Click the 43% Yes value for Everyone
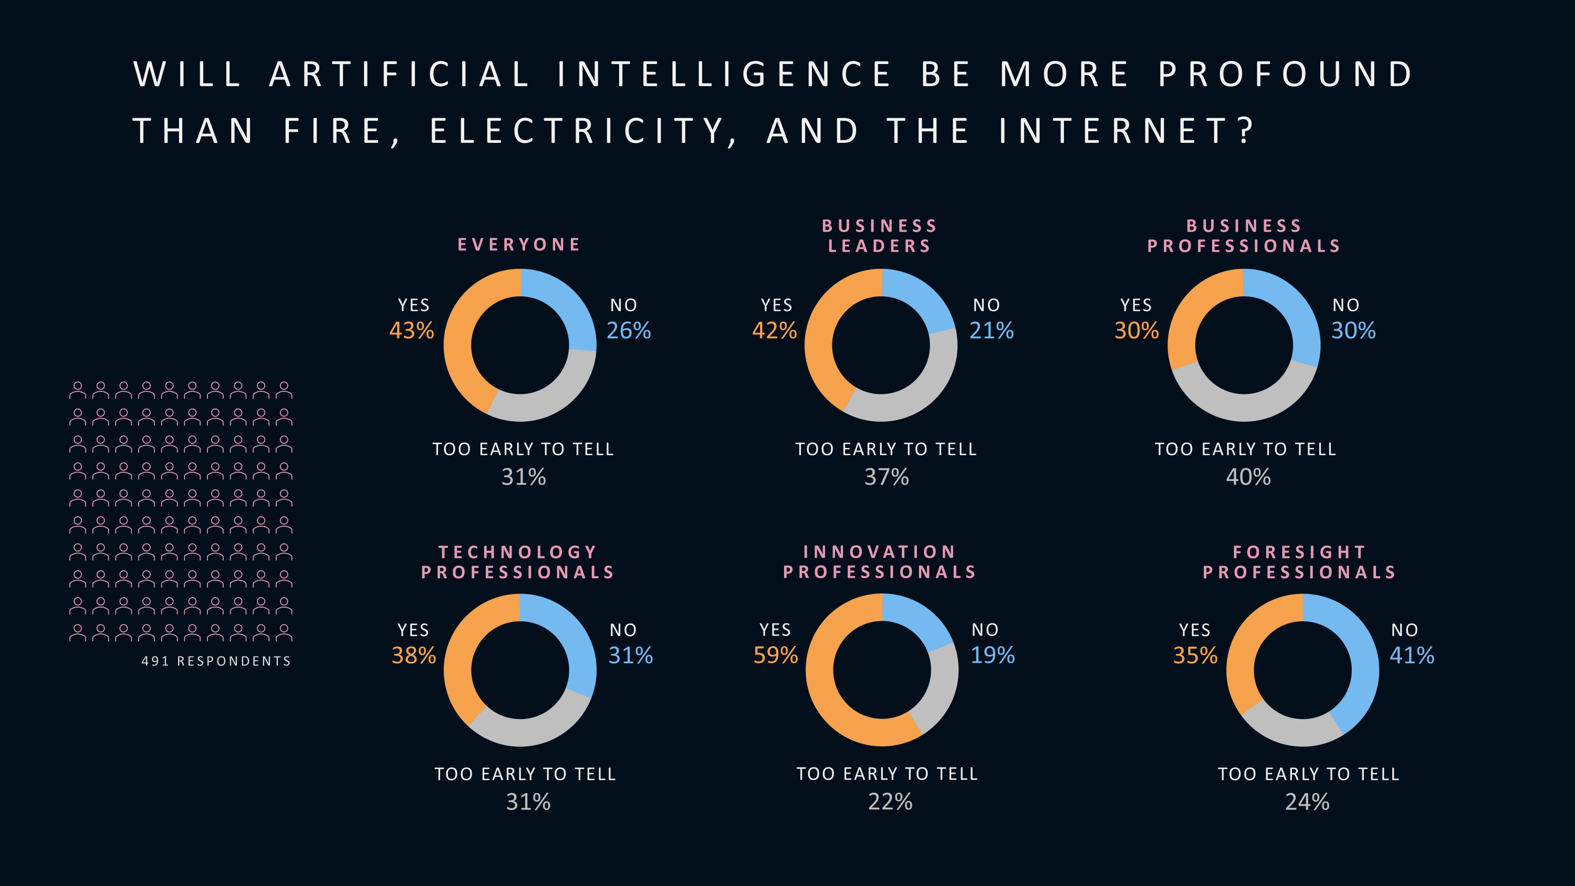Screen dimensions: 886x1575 click(x=412, y=331)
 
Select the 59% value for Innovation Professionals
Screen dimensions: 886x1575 click(x=775, y=655)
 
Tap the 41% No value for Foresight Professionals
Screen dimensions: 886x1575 click(x=1412, y=656)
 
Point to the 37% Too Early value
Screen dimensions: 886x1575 click(x=886, y=477)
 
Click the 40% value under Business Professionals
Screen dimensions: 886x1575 click(x=1248, y=477)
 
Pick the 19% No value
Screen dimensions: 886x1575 click(x=993, y=655)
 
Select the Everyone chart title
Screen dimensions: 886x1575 click(x=519, y=245)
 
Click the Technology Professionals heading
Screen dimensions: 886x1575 click(x=518, y=562)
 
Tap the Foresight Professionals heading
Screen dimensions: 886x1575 click(x=1300, y=562)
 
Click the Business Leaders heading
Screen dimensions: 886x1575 click(x=880, y=236)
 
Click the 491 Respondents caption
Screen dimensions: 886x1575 click(x=216, y=661)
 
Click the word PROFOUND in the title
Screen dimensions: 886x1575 click(x=1285, y=75)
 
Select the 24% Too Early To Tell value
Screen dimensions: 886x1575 click(x=1307, y=801)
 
